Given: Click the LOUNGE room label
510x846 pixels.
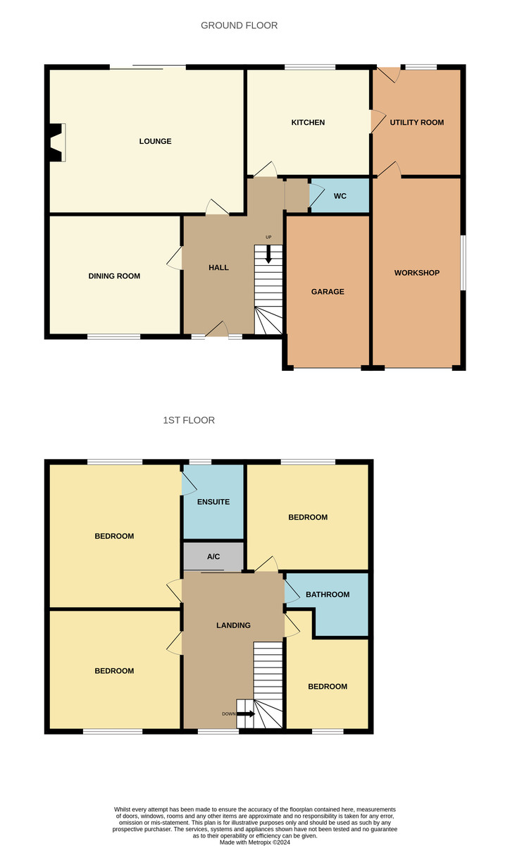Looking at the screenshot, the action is click(155, 141).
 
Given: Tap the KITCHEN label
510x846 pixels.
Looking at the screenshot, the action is click(308, 123).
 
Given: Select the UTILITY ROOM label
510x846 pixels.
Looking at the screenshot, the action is click(417, 123).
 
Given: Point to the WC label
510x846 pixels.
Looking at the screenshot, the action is click(340, 196).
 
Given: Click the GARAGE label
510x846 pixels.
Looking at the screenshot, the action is click(328, 292).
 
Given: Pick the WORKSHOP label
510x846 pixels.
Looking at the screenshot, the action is click(417, 273).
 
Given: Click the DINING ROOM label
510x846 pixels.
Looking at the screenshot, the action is click(114, 276).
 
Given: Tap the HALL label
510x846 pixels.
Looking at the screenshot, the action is click(218, 267).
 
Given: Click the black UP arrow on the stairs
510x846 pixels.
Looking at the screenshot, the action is click(268, 255).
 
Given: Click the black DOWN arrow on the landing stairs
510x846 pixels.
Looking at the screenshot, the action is click(246, 713).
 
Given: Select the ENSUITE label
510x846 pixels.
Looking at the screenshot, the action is click(213, 501).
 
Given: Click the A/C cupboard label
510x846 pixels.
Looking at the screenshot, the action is click(213, 556).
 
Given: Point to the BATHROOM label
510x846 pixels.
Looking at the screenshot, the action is click(328, 594).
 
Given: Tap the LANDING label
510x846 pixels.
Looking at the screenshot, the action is click(233, 625).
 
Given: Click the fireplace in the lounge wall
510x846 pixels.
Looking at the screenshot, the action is click(56, 142).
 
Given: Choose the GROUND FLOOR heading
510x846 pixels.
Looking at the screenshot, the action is click(240, 25).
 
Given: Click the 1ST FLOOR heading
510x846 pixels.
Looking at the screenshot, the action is click(189, 420).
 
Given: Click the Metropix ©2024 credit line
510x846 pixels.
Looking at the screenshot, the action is click(255, 842).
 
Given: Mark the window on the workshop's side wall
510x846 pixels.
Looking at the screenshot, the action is click(464, 263).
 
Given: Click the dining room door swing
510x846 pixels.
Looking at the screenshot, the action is click(174, 258).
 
